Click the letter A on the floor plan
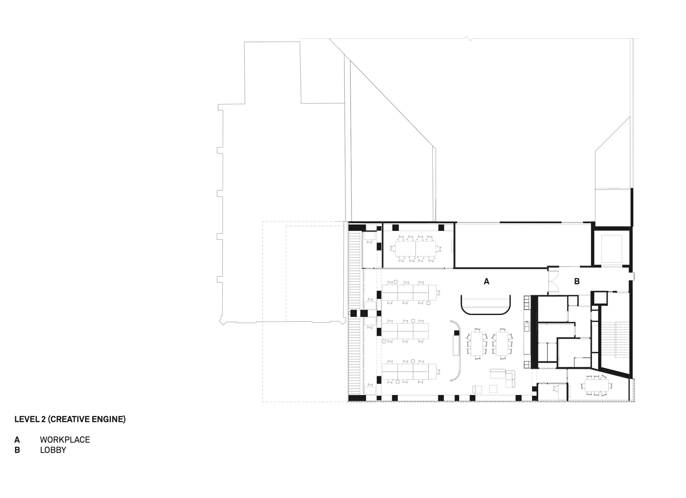pos(486,281)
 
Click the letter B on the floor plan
pos(577,281)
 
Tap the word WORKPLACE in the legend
pos(65,440)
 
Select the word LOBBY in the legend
pos(53,450)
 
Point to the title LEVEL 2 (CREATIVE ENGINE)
pos(70,419)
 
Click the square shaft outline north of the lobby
pos(612,248)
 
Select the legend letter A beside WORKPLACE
pos(17,440)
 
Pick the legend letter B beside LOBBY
pos(17,450)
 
